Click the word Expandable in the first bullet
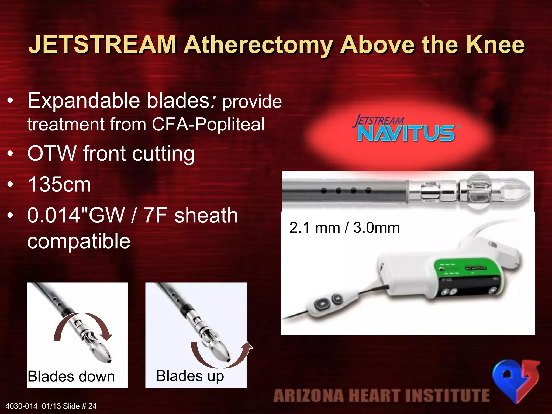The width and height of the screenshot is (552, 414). tap(84, 101)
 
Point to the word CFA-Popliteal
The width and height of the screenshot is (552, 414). tap(208, 125)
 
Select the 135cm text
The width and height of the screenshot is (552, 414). tap(60, 185)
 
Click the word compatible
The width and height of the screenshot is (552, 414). tap(79, 241)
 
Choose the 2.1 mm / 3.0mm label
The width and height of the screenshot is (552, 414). tap(344, 228)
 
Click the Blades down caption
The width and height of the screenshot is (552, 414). tap(71, 376)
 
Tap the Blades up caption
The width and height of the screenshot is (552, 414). tap(190, 376)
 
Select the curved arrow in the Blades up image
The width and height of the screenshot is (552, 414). tap(221, 356)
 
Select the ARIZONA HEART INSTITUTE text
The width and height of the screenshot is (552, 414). tap(381, 395)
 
